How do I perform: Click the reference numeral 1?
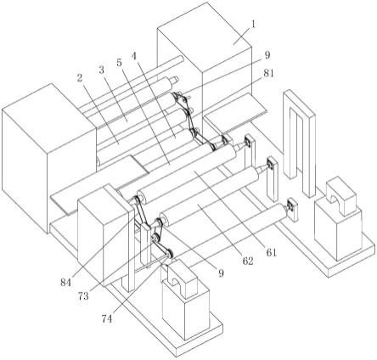click(254, 25)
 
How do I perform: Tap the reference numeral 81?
click(268, 73)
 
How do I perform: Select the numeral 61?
click(271, 252)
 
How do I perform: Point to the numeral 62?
click(248, 261)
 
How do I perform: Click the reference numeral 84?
click(65, 282)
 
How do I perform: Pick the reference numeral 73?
click(83, 296)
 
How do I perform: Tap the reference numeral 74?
click(106, 319)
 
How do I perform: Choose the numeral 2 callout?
click(80, 77)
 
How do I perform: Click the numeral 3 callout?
click(102, 70)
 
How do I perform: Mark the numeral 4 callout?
click(134, 56)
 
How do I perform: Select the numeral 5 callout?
click(120, 62)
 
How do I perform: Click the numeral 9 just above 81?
click(267, 55)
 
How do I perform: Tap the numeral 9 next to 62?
click(221, 273)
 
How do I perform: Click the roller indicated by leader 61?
click(187, 175)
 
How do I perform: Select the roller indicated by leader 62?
click(209, 196)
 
